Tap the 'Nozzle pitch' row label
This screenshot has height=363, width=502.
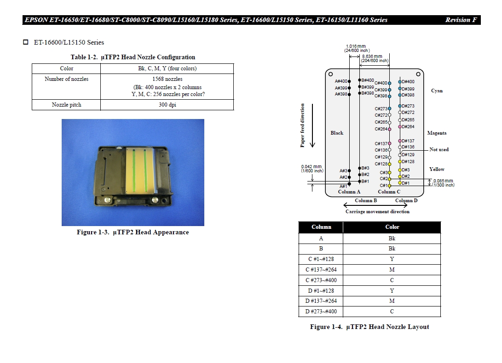pyautogui.click(x=66, y=105)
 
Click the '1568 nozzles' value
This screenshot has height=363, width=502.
pyautogui.click(x=167, y=79)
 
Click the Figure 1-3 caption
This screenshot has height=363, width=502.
pyautogui.click(x=133, y=232)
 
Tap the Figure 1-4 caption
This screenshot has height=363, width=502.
pyautogui.click(x=369, y=327)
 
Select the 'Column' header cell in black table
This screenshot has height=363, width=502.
pyautogui.click(x=321, y=227)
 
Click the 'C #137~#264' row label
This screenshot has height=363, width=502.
pyautogui.click(x=321, y=270)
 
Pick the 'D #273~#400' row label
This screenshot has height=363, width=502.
pyautogui.click(x=321, y=312)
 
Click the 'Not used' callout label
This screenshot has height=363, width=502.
pyautogui.click(x=439, y=149)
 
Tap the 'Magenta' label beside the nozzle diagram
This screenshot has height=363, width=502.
pyautogui.click(x=437, y=133)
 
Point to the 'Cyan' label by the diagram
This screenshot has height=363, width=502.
pyautogui.click(x=437, y=91)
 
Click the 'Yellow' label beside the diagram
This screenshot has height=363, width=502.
pyautogui.click(x=437, y=169)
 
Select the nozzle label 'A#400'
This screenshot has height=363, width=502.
pyautogui.click(x=341, y=81)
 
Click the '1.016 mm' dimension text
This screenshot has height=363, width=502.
pyautogui.click(x=355, y=46)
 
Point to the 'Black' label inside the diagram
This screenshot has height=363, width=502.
pyautogui.click(x=337, y=133)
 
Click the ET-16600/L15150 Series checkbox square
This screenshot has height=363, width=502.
pyautogui.click(x=26, y=42)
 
